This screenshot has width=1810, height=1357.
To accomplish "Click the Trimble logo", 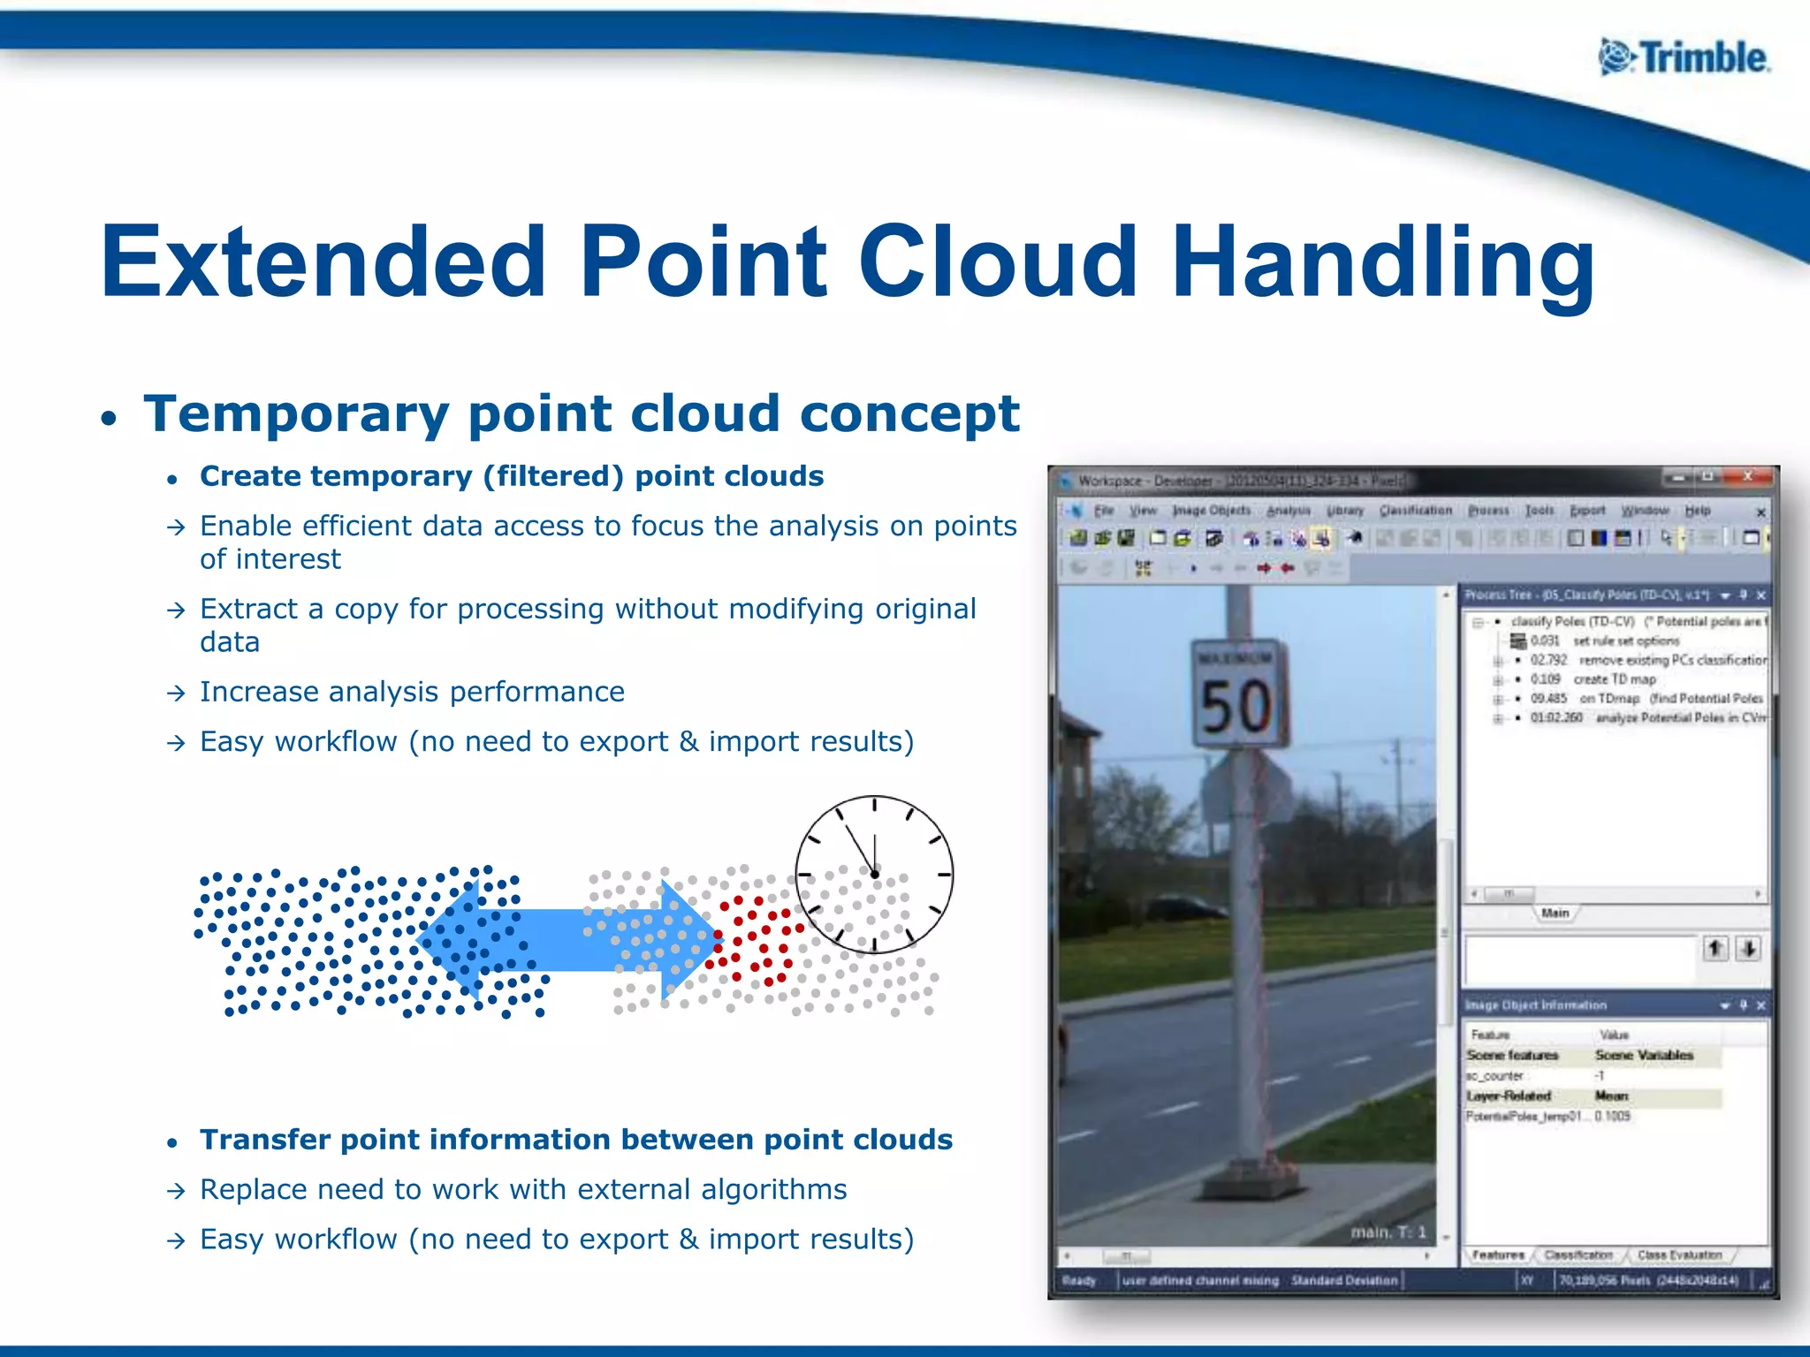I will point(1684,58).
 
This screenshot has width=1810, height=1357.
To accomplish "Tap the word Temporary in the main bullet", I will point(297,413).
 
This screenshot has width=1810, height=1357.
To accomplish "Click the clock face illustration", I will point(874,875).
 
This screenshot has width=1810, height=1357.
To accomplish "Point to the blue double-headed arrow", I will point(566,940).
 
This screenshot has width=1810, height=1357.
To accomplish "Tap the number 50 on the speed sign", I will point(1236,707).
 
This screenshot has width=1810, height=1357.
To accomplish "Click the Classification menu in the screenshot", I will point(1415,511).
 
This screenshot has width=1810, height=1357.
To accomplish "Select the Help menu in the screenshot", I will point(1697,511).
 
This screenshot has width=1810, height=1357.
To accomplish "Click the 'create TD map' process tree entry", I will point(1614,679).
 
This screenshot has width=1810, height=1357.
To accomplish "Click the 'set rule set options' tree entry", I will point(1625,641).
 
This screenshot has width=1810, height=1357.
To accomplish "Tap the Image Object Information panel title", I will point(1536,1005).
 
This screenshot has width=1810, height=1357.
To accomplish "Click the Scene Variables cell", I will point(1644,1055).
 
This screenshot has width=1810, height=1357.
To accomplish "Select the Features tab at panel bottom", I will point(1498,1255).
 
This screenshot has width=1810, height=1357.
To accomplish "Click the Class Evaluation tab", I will point(1679,1255).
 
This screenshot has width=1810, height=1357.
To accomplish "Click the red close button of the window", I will point(1747,477).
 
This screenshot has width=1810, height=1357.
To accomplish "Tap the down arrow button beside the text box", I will point(1748,949).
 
